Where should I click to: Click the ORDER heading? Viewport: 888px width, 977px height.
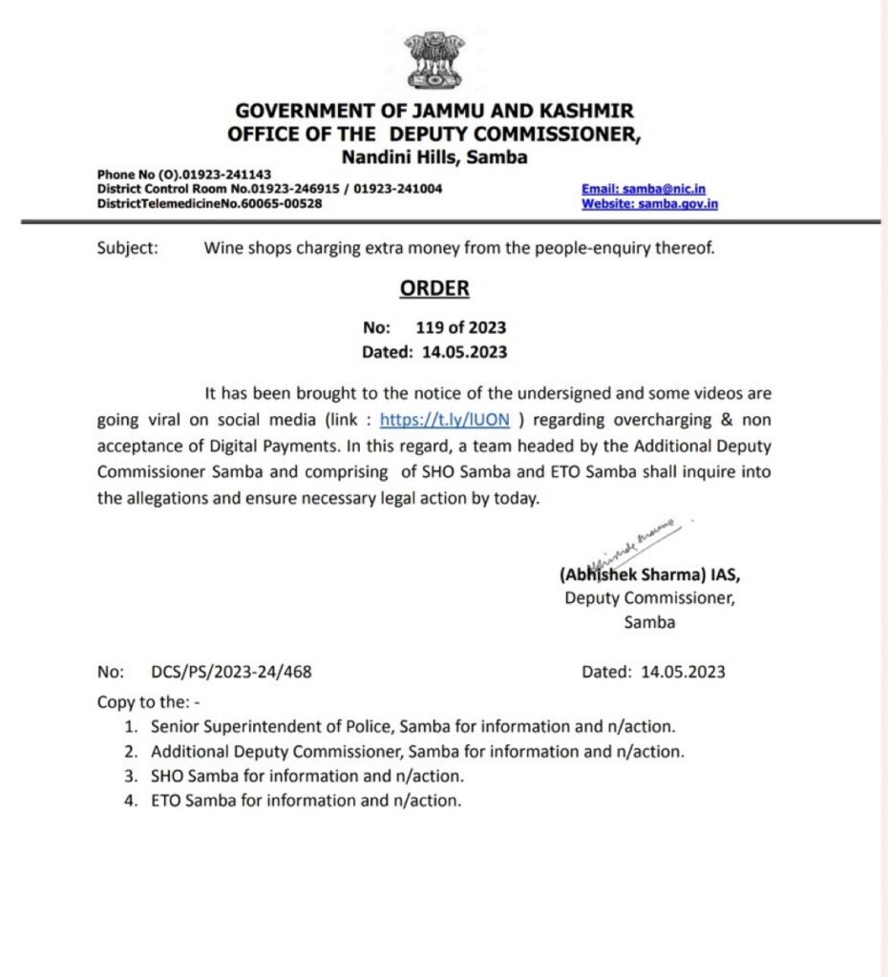click(434, 288)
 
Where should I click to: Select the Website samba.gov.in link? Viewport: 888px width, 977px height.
click(649, 203)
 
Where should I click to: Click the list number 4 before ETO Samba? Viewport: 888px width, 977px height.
click(129, 801)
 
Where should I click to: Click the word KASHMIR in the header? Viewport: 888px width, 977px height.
click(583, 112)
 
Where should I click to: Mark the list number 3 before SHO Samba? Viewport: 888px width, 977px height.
click(129, 777)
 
